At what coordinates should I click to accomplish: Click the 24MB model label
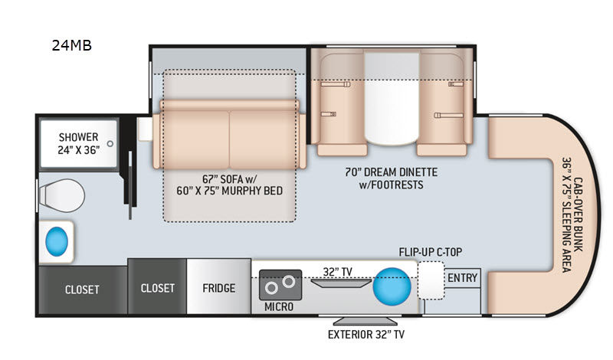pyautogui.click(x=72, y=45)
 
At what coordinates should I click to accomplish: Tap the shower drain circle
pyautogui.click(x=110, y=143)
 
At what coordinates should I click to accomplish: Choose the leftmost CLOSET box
pyautogui.click(x=81, y=289)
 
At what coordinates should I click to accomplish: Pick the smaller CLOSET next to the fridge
pyautogui.click(x=157, y=288)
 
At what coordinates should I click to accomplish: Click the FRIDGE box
pyautogui.click(x=219, y=288)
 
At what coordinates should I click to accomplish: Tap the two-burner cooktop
pyautogui.click(x=278, y=286)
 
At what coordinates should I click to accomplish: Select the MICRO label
pyautogui.click(x=278, y=306)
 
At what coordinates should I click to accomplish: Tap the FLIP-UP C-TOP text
pyautogui.click(x=430, y=252)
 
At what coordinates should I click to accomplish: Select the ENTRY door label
pyautogui.click(x=462, y=277)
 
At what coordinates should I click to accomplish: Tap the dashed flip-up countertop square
pyautogui.click(x=431, y=280)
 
